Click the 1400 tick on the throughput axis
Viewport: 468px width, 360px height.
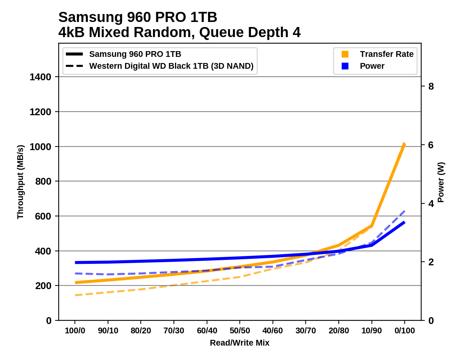[41, 77]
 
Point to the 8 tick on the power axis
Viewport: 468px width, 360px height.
[431, 86]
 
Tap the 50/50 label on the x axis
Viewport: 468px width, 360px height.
[240, 330]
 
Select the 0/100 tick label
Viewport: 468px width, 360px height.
[405, 330]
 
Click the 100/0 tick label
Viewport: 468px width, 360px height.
[75, 330]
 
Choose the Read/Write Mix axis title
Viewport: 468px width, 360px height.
[239, 343]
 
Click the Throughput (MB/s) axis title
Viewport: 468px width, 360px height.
[20, 182]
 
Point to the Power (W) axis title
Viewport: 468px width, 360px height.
[441, 182]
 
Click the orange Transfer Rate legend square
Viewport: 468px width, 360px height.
[345, 54]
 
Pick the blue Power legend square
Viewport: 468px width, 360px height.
[345, 66]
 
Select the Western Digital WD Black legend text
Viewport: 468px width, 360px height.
[171, 66]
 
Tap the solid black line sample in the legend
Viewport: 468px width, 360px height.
[75, 54]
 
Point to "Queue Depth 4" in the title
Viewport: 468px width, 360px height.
[250, 32]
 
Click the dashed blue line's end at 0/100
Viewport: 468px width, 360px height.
[405, 211]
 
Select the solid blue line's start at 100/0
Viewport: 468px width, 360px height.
[75, 262]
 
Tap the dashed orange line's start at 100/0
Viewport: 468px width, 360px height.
[75, 295]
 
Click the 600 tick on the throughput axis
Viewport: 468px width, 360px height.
[43, 216]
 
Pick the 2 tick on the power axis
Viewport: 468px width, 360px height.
[431, 262]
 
